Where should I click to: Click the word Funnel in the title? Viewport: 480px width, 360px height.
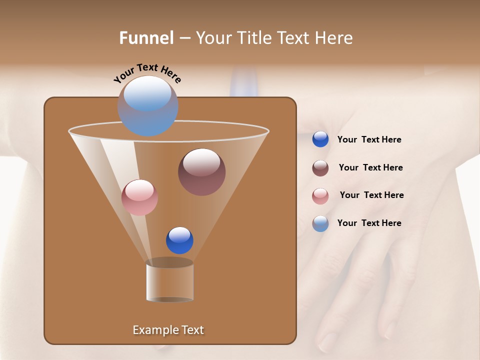pyautogui.click(x=146, y=38)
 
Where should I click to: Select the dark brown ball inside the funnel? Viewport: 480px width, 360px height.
pyautogui.click(x=201, y=172)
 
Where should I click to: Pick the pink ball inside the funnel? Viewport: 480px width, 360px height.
pyautogui.click(x=139, y=197)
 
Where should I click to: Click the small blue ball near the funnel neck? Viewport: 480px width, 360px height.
pyautogui.click(x=179, y=240)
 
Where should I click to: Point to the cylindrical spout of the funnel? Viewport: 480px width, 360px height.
pyautogui.click(x=170, y=282)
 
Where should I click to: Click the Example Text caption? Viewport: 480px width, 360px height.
pyautogui.click(x=168, y=330)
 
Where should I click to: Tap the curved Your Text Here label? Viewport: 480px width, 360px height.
pyautogui.click(x=147, y=72)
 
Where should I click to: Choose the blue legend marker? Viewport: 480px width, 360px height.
pyautogui.click(x=320, y=139)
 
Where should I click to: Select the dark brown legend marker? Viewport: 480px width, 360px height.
pyautogui.click(x=320, y=168)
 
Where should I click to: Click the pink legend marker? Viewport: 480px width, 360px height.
pyautogui.click(x=320, y=196)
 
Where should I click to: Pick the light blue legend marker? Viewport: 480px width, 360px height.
pyautogui.click(x=320, y=223)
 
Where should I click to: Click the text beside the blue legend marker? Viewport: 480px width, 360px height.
pyautogui.click(x=369, y=140)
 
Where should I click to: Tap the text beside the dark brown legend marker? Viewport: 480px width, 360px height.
pyautogui.click(x=370, y=168)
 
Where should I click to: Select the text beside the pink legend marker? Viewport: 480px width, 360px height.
pyautogui.click(x=371, y=195)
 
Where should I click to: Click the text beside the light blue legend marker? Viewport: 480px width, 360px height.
pyautogui.click(x=369, y=223)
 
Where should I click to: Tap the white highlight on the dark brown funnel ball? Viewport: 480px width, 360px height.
pyautogui.click(x=201, y=162)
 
